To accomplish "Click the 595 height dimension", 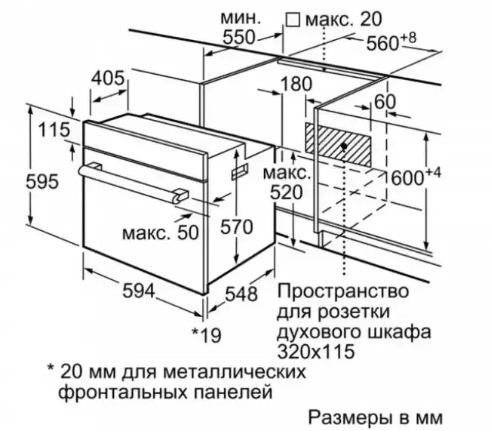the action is (x=42, y=182).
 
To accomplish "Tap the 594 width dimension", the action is (x=139, y=291).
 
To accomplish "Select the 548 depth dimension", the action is (x=241, y=294).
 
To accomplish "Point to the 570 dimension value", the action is (x=236, y=226).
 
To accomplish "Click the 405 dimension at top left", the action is (x=108, y=78).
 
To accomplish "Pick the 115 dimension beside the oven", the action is (x=54, y=130).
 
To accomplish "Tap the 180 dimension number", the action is (x=296, y=84).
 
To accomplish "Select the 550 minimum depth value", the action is (x=239, y=38).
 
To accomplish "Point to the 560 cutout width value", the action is (x=382, y=43).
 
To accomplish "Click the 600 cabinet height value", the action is (x=408, y=177).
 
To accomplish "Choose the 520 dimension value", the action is (x=286, y=192).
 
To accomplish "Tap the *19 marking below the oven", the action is (x=207, y=335).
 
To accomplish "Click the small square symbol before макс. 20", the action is (x=293, y=20).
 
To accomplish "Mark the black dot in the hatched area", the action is (x=344, y=146).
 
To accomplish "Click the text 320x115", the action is (x=316, y=351).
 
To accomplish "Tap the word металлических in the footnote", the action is (x=235, y=372).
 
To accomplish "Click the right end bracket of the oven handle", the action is (x=181, y=195).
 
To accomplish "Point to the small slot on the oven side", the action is (x=240, y=171).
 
